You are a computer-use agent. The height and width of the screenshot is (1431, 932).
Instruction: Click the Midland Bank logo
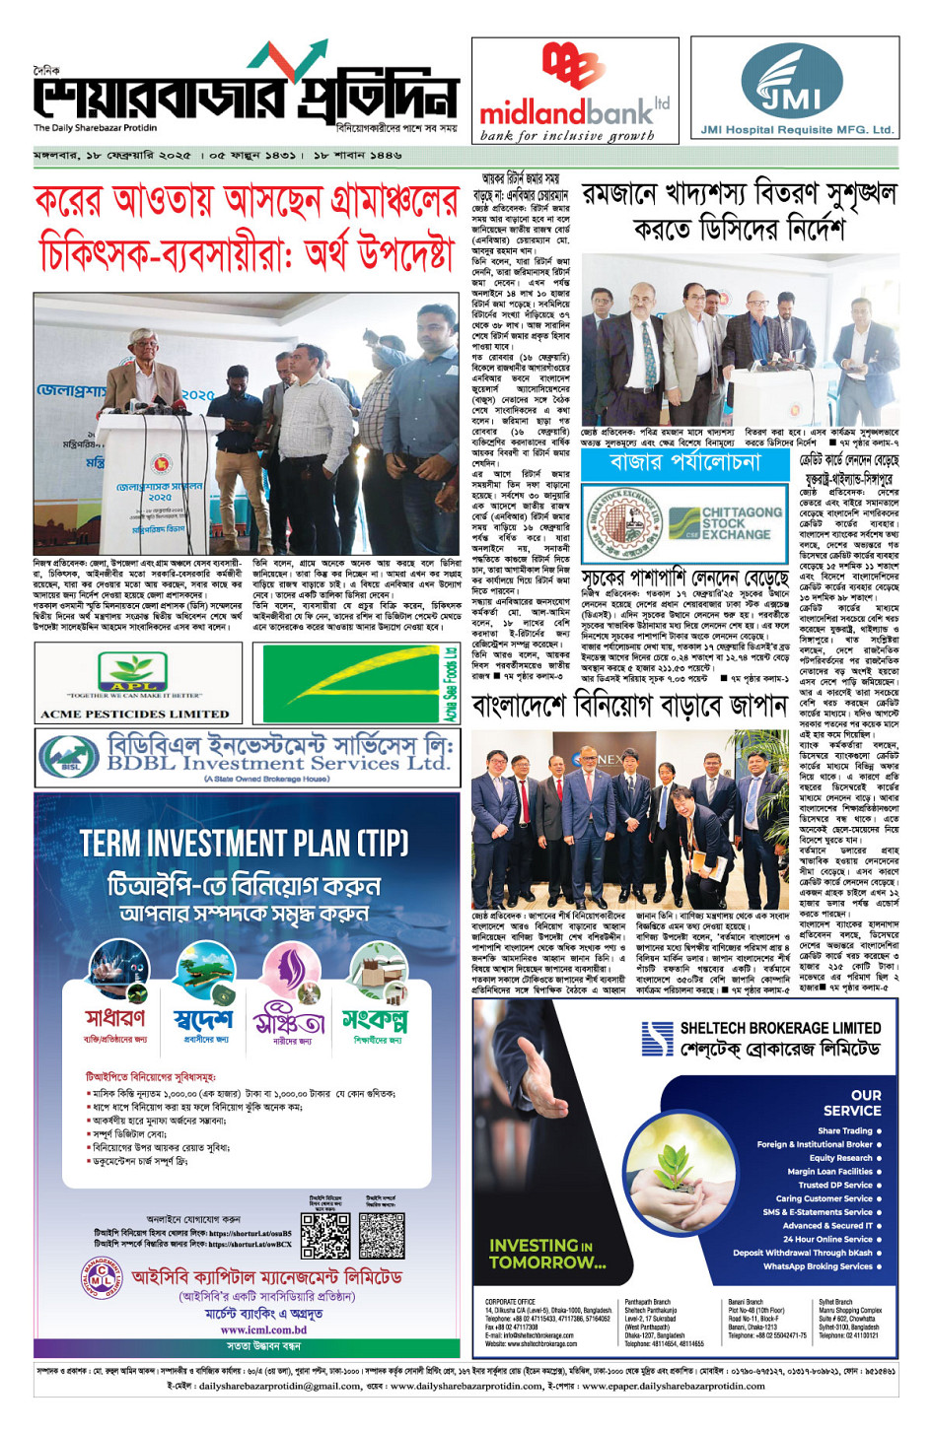coord(574,92)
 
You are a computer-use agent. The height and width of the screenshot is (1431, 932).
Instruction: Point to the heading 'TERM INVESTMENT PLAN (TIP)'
coord(244,844)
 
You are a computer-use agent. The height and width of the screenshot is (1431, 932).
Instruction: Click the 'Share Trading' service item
coord(845,1130)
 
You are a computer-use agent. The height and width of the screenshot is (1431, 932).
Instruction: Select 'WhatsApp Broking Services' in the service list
coord(818,1266)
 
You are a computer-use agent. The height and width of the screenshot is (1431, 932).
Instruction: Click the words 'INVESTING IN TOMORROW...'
coord(547,1254)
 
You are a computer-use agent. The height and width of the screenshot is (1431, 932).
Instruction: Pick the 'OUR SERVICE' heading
coord(852,1102)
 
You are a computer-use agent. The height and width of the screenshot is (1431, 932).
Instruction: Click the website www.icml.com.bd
coord(263,1329)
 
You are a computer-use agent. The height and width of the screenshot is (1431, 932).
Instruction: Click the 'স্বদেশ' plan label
coord(203,1019)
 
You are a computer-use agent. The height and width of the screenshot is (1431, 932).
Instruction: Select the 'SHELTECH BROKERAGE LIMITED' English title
coord(780,1028)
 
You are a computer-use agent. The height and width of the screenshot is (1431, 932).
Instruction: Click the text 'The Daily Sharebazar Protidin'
coord(95,128)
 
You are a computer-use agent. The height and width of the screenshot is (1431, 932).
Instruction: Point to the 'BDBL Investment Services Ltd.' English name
coord(278,763)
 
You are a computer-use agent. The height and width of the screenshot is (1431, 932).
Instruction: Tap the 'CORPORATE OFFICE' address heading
coord(510,1302)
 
